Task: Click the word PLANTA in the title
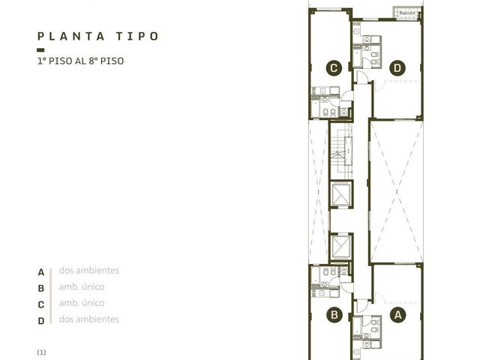tap(71, 37)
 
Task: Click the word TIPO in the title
tap(137, 37)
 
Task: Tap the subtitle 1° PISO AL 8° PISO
tap(80, 61)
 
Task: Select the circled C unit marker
tap(334, 68)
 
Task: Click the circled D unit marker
tap(397, 68)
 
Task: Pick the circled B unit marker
tap(334, 315)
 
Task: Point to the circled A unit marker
tap(398, 315)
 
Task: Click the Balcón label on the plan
tap(407, 13)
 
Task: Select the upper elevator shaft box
tap(341, 194)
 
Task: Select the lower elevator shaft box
tap(341, 247)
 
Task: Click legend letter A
tap(41, 272)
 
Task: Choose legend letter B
tap(41, 288)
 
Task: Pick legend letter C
tap(41, 304)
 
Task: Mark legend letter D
tap(41, 321)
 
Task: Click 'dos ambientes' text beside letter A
tap(89, 271)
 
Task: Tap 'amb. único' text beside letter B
tap(82, 286)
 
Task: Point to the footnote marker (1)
tap(41, 352)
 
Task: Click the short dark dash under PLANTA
tap(40, 50)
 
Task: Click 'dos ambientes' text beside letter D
tap(89, 319)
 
